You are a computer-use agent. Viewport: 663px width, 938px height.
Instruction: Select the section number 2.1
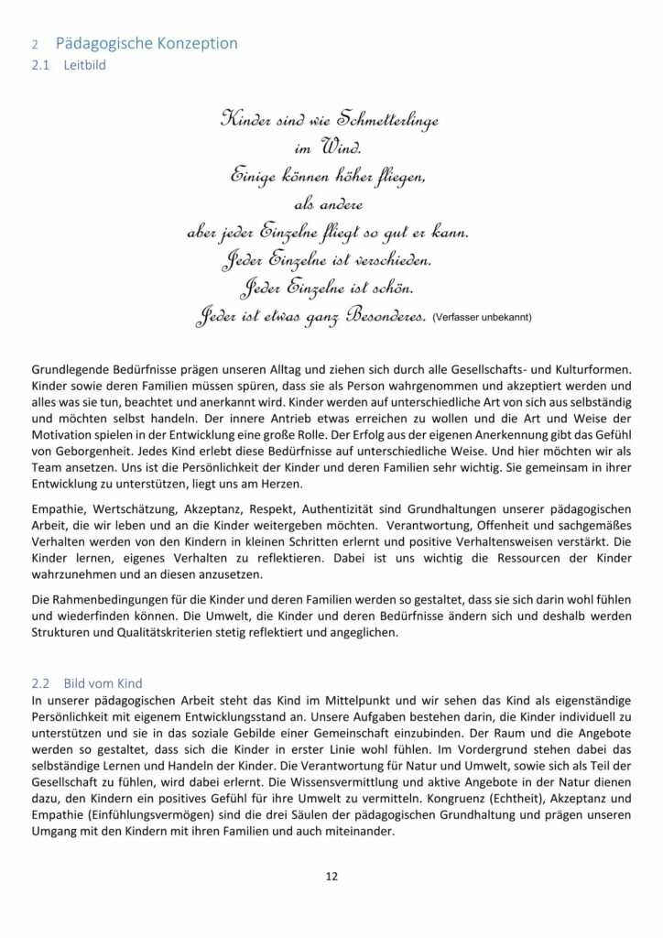[41, 66]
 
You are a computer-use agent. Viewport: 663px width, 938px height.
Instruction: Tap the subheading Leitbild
[85, 66]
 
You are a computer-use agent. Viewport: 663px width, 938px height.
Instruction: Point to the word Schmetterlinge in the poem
[405, 120]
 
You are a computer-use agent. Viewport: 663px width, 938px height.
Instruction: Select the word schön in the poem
[396, 289]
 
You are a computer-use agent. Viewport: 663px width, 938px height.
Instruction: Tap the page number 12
[331, 877]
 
